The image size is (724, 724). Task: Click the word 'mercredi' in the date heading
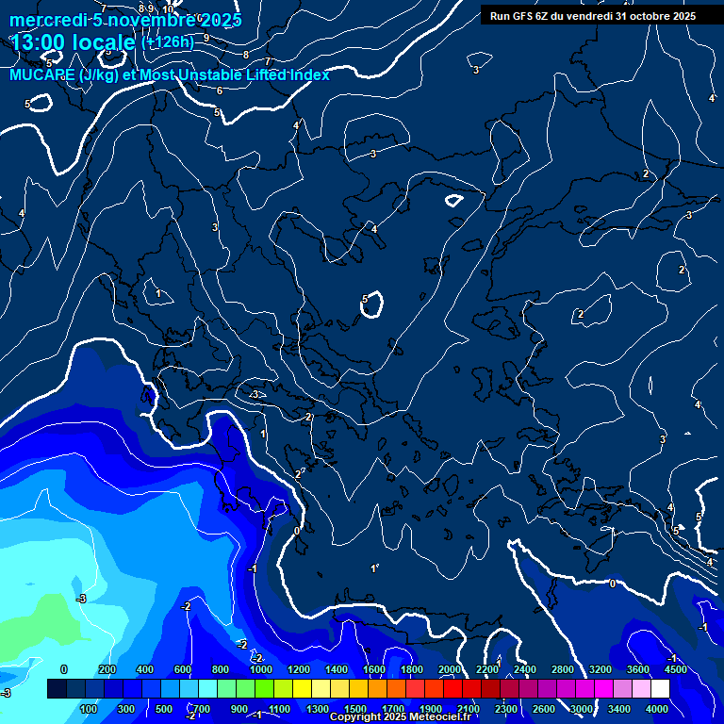(48, 20)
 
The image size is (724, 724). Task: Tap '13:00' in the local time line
(41, 42)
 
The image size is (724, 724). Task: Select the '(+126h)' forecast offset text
(168, 41)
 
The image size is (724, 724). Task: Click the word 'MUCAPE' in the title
(43, 74)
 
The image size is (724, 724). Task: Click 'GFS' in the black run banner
(523, 16)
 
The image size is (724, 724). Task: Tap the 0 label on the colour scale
(64, 669)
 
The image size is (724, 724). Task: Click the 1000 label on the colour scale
(261, 669)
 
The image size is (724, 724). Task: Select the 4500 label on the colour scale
(676, 669)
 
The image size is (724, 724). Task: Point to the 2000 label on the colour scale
(450, 669)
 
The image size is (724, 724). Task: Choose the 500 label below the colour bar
(163, 709)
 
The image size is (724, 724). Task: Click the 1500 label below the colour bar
(355, 709)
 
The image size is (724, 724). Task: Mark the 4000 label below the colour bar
(657, 709)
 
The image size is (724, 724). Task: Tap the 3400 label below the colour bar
(619, 709)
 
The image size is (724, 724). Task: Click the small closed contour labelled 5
(371, 304)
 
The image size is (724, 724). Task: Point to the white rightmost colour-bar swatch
(660, 689)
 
